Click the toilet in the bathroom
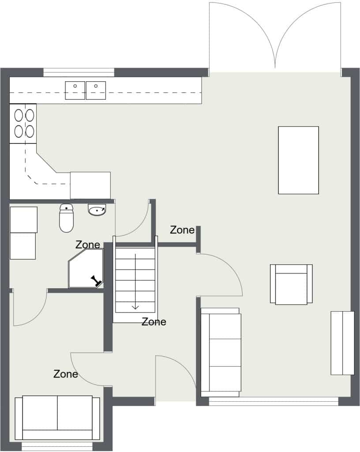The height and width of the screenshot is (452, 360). click(66, 218)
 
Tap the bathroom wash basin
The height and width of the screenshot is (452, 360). click(97, 210)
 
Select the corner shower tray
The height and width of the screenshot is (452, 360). click(86, 269)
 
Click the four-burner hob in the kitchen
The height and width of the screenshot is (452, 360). click(23, 124)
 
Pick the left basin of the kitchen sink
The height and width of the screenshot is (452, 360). click(75, 90)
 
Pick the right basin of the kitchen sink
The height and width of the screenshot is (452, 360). click(96, 90)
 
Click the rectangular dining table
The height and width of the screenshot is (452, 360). click(298, 160)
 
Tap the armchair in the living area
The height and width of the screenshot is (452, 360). click(291, 284)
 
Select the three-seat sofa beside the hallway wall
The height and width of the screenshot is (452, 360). click(221, 352)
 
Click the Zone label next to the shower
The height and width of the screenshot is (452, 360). click(88, 245)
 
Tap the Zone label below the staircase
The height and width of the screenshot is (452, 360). click(154, 322)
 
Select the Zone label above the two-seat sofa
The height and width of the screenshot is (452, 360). click(66, 374)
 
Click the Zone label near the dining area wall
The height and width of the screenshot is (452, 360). click(182, 230)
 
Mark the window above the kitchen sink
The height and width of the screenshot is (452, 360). click(79, 72)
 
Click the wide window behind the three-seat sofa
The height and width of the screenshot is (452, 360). click(274, 401)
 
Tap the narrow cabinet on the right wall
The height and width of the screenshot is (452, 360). click(342, 343)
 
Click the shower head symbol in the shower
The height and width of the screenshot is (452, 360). click(97, 281)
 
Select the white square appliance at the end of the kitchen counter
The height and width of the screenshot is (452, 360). click(90, 185)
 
